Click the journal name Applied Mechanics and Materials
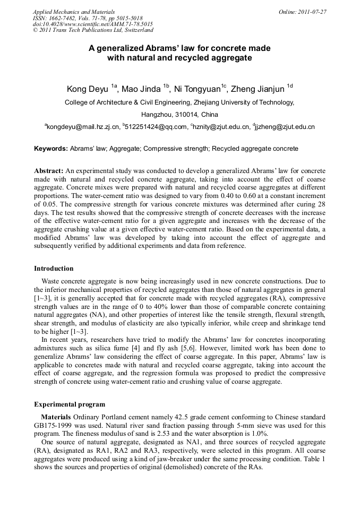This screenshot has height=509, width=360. [74, 12]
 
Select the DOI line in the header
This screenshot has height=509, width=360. [93, 24]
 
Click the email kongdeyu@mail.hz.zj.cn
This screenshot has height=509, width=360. [83, 127]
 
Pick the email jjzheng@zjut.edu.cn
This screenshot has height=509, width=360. [286, 127]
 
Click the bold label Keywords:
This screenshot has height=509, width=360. [51, 149]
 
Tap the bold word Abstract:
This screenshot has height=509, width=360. [49, 171]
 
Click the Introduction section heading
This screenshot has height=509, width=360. [54, 269]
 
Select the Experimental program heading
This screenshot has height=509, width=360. [70, 404]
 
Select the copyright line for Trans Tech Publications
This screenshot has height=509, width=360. [93, 30]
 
